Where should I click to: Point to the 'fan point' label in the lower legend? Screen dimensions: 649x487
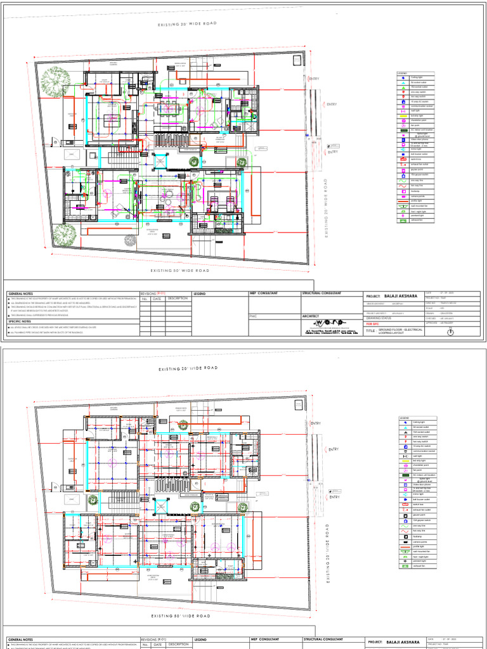click(417, 469)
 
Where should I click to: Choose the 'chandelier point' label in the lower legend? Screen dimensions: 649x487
click(419, 465)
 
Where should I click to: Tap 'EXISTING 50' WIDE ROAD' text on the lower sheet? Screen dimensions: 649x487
click(180, 615)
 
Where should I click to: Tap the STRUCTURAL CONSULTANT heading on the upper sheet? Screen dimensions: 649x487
click(321, 293)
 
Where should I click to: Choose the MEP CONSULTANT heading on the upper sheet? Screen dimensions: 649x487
click(266, 293)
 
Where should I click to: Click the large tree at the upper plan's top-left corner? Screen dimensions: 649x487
click(57, 82)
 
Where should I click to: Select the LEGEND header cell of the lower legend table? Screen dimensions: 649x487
click(404, 418)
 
